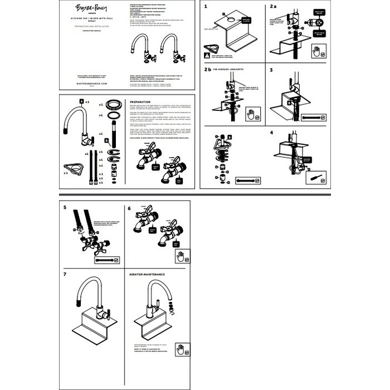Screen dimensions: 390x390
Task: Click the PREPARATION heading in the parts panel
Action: (140, 103)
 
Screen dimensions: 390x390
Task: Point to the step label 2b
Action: (207, 71)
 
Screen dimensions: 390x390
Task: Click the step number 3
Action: (271, 71)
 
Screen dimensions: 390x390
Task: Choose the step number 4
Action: (271, 134)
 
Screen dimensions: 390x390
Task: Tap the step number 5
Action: (66, 207)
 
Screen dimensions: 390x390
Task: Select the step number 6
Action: (129, 207)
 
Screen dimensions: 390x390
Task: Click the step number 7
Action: (66, 275)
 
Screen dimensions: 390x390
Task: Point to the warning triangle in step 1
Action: (207, 56)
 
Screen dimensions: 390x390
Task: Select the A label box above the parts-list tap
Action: (81, 101)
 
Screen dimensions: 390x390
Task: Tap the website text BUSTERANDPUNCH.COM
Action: (90, 82)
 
